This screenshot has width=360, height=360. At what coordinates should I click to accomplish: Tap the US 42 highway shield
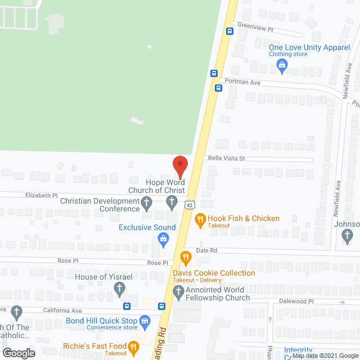coord(190,206)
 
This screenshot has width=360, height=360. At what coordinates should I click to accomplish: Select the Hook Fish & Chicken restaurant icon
coord(199,219)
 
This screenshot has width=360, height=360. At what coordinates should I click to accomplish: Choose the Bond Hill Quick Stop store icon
coord(145,321)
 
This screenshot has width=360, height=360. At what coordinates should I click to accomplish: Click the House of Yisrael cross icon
coord(119,289)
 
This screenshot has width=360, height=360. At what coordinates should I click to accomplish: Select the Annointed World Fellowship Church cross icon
coord(178,291)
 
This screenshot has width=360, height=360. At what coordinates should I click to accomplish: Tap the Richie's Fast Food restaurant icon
coord(133,347)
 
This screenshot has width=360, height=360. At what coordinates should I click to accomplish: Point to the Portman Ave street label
coord(242,82)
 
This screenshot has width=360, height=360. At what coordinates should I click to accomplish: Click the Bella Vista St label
coord(227,159)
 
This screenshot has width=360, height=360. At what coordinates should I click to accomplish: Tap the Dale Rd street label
coord(206,250)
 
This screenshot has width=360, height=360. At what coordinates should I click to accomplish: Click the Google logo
coord(18,353)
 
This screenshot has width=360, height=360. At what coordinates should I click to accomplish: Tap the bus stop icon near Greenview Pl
coord(229,31)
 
